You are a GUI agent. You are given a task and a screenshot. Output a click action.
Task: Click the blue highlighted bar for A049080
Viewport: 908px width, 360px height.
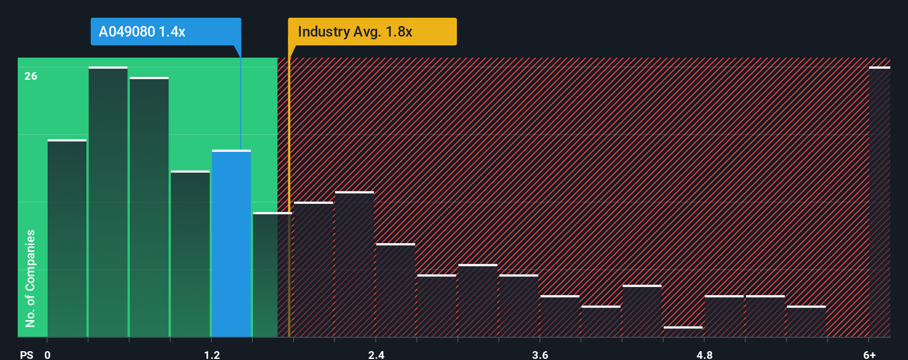(x=231, y=244)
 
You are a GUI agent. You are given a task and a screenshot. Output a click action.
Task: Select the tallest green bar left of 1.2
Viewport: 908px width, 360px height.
(x=108, y=202)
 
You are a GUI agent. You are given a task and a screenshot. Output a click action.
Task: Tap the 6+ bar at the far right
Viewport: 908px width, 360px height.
(x=879, y=202)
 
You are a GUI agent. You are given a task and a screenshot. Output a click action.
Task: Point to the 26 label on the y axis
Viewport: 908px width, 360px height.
(x=31, y=76)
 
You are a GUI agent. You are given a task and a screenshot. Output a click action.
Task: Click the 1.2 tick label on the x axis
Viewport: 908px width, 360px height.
(x=211, y=355)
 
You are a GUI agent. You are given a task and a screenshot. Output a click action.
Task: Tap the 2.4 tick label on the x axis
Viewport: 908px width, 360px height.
(x=376, y=355)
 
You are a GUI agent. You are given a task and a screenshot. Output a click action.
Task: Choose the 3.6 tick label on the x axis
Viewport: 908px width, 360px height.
(x=540, y=355)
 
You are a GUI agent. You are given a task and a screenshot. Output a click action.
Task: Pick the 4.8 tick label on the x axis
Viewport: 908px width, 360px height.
(x=704, y=355)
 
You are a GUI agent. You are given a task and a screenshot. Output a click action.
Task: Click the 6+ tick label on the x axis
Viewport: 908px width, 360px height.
(x=869, y=355)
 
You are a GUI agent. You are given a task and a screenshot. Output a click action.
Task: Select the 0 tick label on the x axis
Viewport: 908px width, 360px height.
(x=48, y=355)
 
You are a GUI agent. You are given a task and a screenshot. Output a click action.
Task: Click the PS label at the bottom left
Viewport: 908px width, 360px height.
(x=27, y=355)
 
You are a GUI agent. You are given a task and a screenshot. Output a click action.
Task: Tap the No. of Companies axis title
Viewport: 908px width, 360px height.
(x=30, y=278)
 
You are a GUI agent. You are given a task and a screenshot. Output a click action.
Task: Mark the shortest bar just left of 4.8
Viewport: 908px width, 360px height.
(x=683, y=332)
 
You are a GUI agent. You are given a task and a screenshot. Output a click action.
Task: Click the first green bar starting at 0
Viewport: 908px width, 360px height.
(x=67, y=238)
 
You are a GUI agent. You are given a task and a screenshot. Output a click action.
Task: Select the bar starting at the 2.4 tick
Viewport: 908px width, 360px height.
(x=395, y=290)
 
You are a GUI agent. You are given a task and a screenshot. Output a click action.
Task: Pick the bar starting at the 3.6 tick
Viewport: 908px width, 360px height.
(x=559, y=316)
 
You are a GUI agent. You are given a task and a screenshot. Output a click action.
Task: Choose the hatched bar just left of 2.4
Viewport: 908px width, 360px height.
(x=354, y=264)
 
